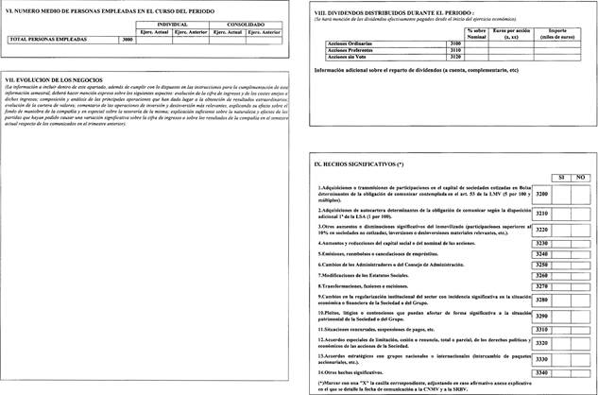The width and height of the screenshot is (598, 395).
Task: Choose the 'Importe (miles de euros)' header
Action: click(565, 33)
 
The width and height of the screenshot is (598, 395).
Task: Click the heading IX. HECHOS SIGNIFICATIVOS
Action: click(359, 163)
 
